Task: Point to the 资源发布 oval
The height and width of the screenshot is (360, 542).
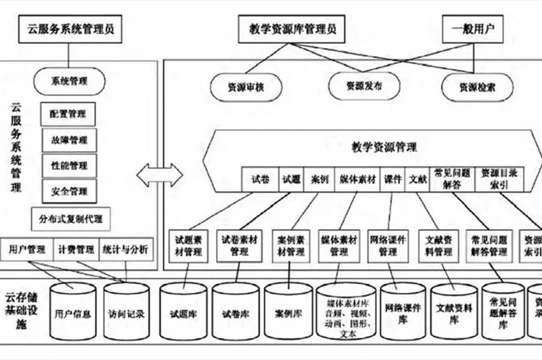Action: (x=364, y=86)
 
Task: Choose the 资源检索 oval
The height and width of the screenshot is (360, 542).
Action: (x=477, y=88)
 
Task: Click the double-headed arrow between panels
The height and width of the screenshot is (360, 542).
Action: (x=159, y=175)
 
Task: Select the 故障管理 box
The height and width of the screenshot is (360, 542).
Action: (x=69, y=140)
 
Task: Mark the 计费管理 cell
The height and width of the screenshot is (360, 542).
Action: (x=76, y=249)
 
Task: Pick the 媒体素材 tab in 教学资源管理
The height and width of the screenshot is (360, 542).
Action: (x=358, y=179)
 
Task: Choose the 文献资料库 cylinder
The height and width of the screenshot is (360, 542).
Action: (x=454, y=313)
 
